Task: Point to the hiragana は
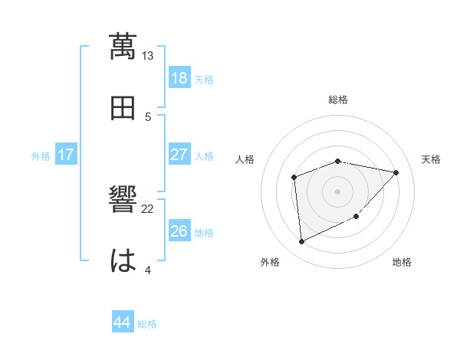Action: [x=123, y=260]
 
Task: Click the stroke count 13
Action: [x=148, y=56]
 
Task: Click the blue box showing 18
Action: [x=179, y=77]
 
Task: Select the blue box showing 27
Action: [x=179, y=155]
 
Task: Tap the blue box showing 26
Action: [x=179, y=231]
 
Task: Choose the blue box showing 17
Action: [x=66, y=155]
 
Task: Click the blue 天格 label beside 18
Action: [x=204, y=79]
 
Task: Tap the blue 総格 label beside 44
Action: [x=147, y=324]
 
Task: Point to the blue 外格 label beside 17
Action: [x=41, y=156]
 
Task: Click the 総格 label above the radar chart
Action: [x=338, y=100]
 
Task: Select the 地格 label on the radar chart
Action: [x=402, y=263]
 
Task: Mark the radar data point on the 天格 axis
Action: [x=396, y=172]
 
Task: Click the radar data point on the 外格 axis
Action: [x=301, y=242]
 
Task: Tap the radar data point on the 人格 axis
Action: [x=294, y=178]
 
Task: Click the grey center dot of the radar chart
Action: [x=338, y=191]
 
